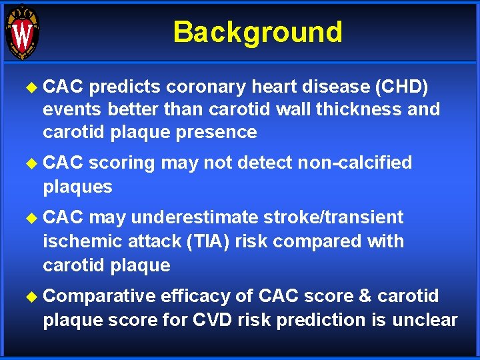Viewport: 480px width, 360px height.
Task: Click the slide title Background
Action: tap(257, 32)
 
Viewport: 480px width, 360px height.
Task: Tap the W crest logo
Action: tap(22, 32)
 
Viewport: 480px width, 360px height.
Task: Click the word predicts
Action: tap(125, 87)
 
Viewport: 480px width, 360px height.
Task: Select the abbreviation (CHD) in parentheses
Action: tap(412, 87)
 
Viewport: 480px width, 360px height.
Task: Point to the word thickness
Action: tap(371, 109)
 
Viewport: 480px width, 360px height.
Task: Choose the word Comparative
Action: tap(99, 296)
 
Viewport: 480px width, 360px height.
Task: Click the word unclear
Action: tap(425, 319)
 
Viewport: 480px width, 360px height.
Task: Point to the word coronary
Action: tap(207, 87)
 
